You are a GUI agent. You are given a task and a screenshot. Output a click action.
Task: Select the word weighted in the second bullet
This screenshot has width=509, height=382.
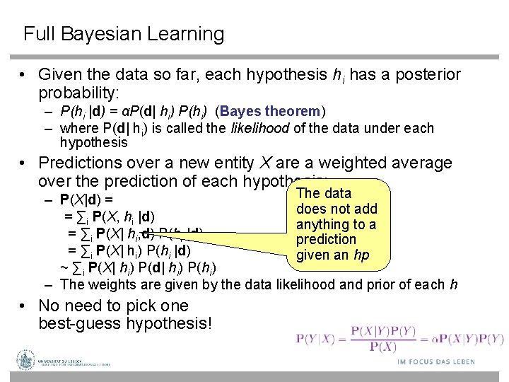(x=346, y=163)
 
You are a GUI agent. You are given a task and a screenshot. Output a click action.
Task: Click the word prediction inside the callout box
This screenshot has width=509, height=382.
(x=326, y=239)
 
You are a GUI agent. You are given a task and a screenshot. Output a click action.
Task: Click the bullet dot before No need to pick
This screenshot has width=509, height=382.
(x=23, y=306)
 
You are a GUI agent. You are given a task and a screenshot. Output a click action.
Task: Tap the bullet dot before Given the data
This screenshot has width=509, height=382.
(x=23, y=75)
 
